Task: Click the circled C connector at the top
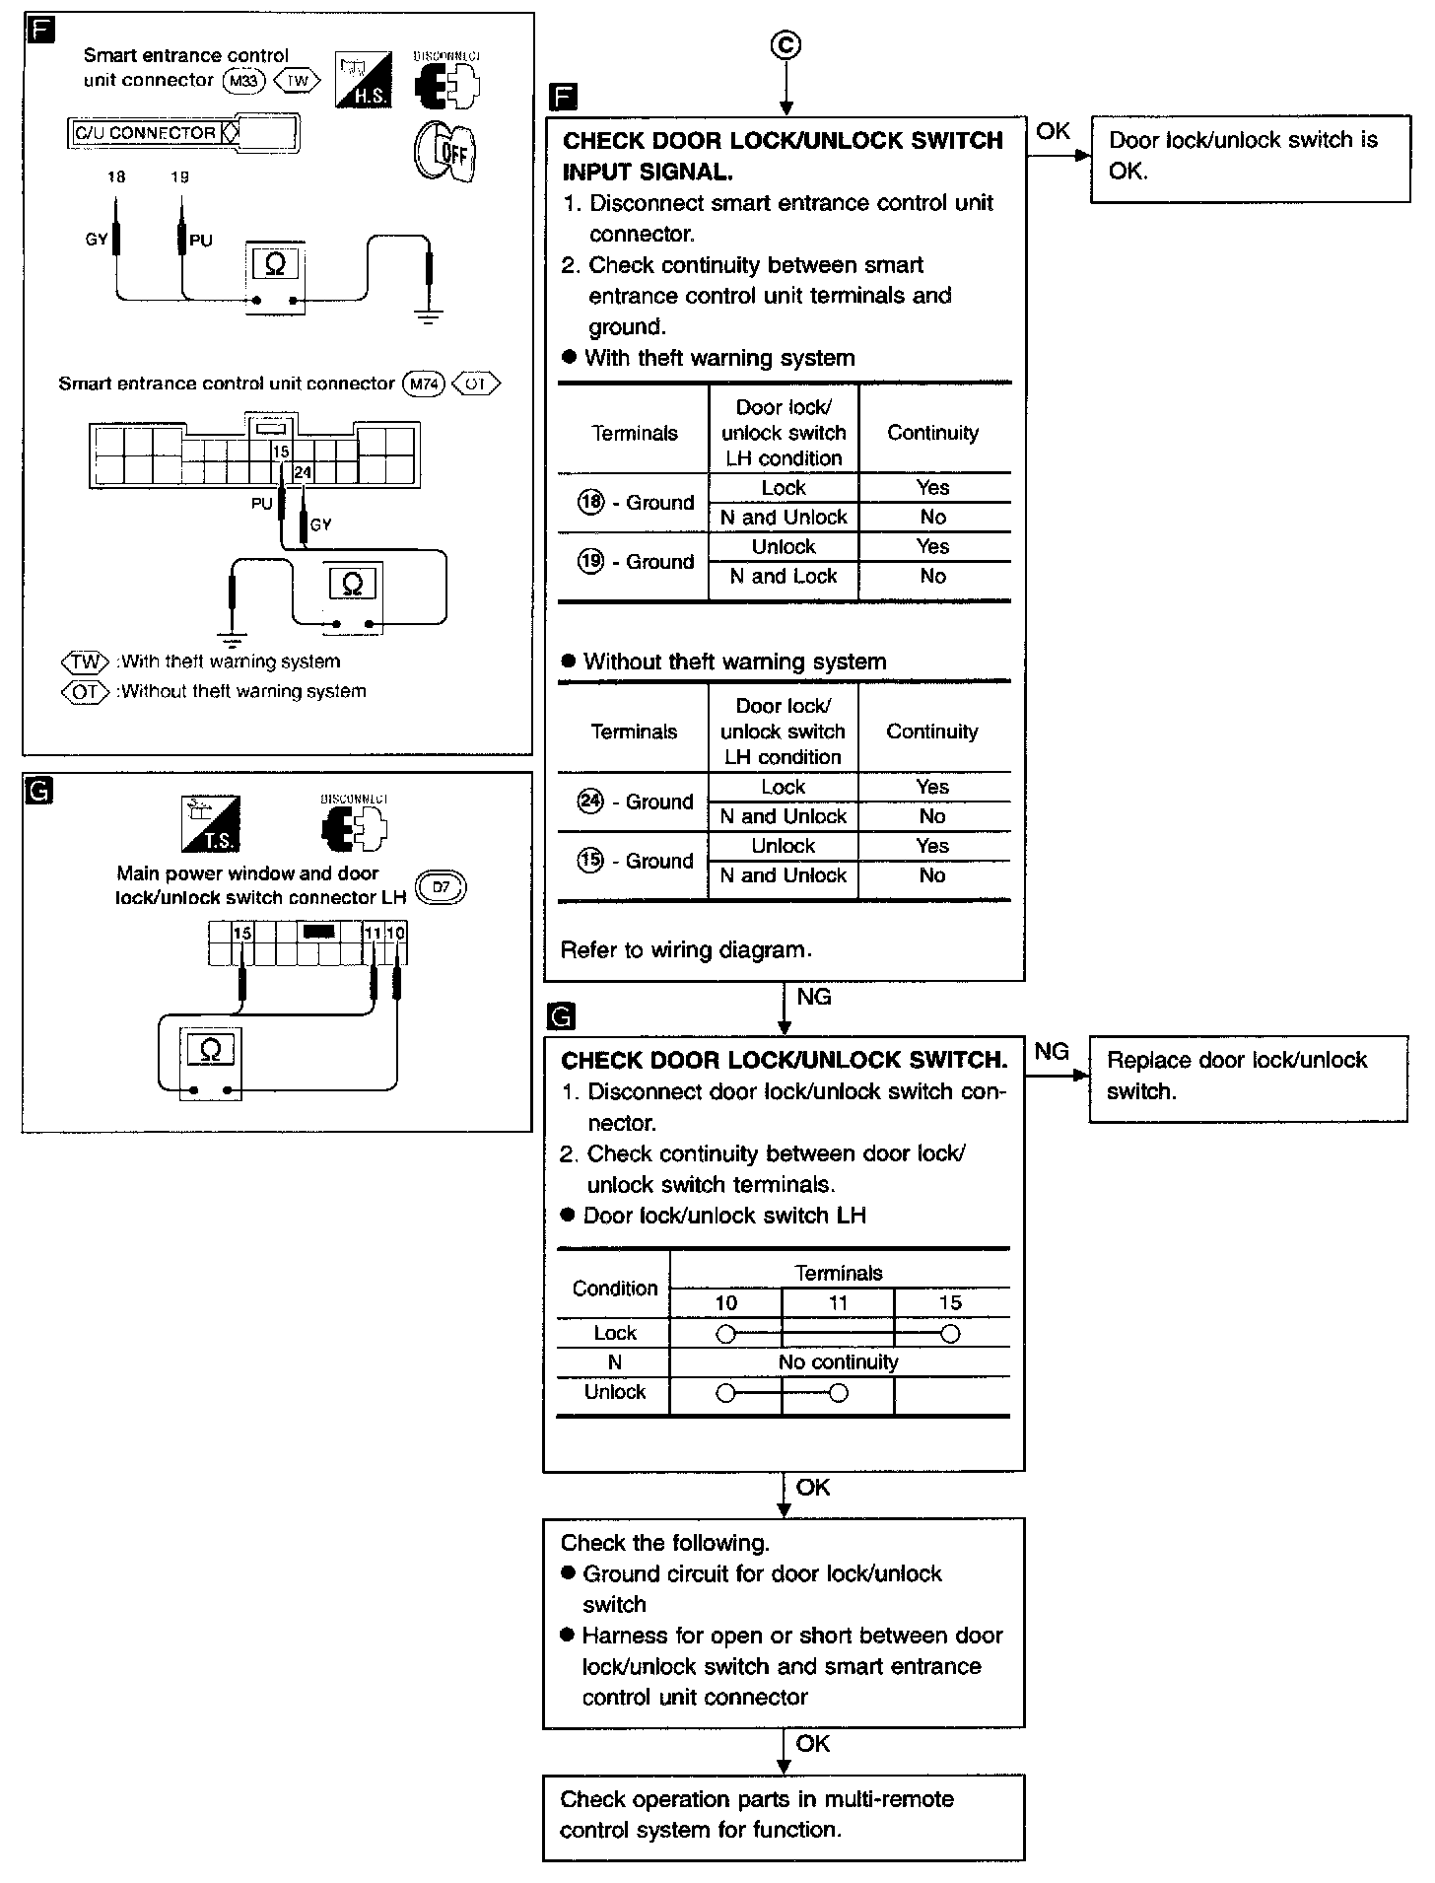pos(786,46)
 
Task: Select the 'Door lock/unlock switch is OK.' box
pos(1249,156)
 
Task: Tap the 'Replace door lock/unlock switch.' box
pos(1247,1077)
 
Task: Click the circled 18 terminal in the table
pos(590,502)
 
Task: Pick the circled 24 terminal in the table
pos(590,801)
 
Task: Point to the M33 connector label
pos(243,81)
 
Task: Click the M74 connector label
pos(424,384)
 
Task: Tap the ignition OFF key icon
pos(444,152)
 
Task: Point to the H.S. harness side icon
pos(363,79)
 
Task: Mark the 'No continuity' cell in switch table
pos(838,1362)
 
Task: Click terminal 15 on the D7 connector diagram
pos(242,933)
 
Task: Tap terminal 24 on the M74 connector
pos(303,472)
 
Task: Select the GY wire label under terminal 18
pos(97,240)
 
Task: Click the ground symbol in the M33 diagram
pos(429,315)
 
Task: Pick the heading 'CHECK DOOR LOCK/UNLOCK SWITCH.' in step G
pos(784,1061)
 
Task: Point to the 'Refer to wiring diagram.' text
pos(686,950)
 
